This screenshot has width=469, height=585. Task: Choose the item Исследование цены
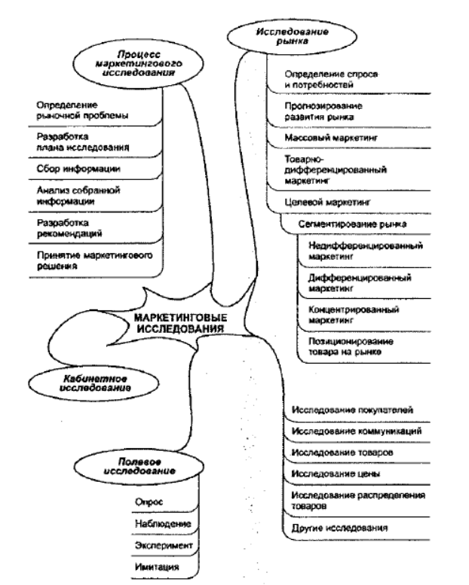330,474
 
